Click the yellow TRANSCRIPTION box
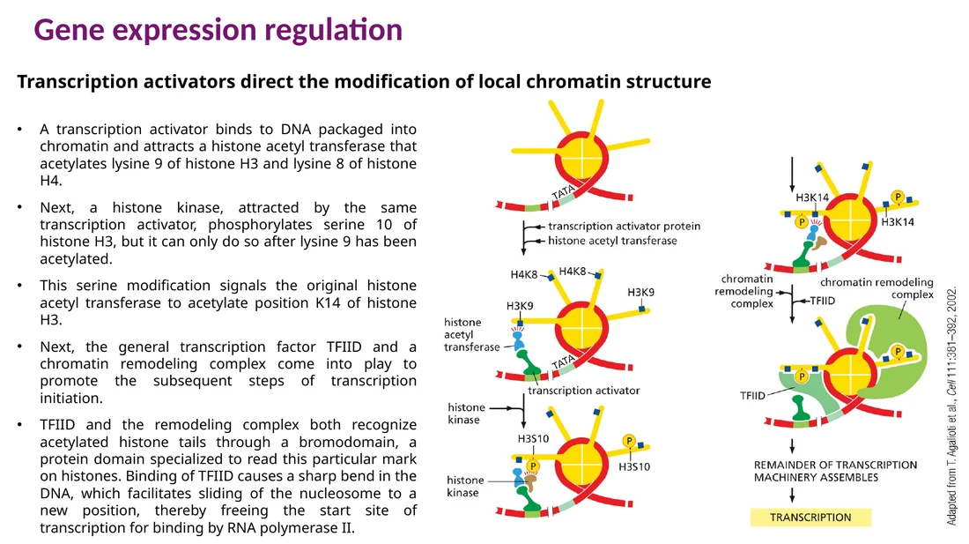tap(810, 518)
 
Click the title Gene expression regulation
tap(218, 30)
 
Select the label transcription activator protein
tap(625, 227)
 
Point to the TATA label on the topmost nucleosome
tap(563, 192)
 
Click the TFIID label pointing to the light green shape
tap(752, 396)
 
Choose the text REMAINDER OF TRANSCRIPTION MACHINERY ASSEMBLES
tap(835, 471)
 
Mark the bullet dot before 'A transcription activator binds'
tap(19, 130)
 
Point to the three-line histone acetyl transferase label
tap(471, 334)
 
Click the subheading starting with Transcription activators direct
tap(364, 82)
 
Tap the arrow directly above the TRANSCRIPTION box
tap(792, 496)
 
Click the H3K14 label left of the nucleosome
tap(812, 197)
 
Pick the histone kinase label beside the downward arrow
tap(466, 414)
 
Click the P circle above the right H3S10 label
tap(628, 441)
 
